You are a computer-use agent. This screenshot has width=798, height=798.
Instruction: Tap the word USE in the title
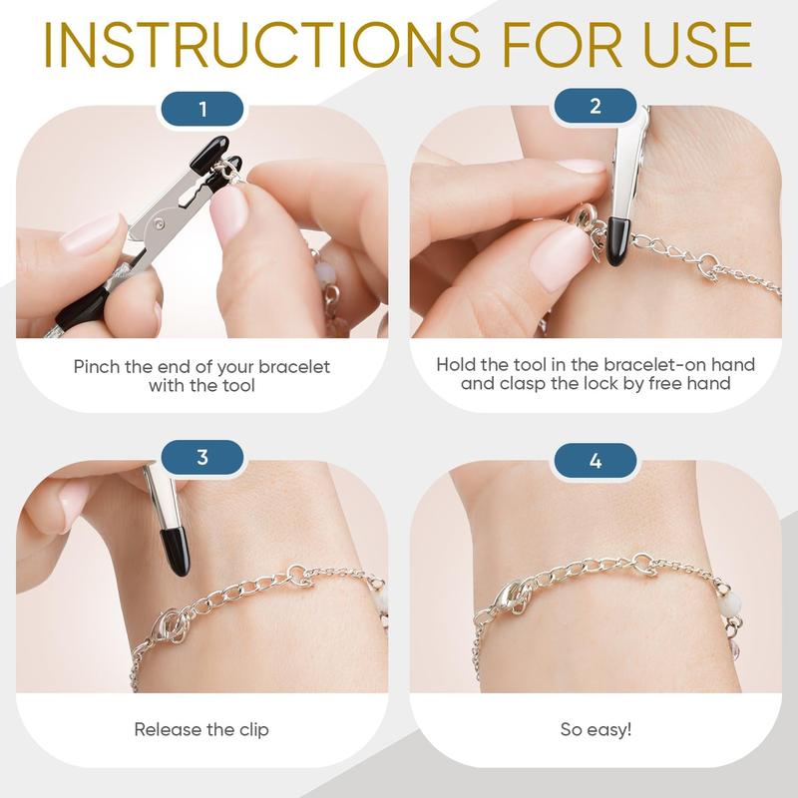696,45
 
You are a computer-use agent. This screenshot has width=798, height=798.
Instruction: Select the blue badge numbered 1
202,109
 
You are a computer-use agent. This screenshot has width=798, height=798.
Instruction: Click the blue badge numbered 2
595,106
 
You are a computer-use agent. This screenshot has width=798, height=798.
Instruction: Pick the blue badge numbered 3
202,457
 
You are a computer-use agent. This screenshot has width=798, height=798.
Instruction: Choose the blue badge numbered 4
595,461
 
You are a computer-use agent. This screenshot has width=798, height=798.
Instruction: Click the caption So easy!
596,729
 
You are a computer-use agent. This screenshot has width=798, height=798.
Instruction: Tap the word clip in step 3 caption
253,730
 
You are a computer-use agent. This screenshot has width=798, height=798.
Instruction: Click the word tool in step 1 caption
237,385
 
